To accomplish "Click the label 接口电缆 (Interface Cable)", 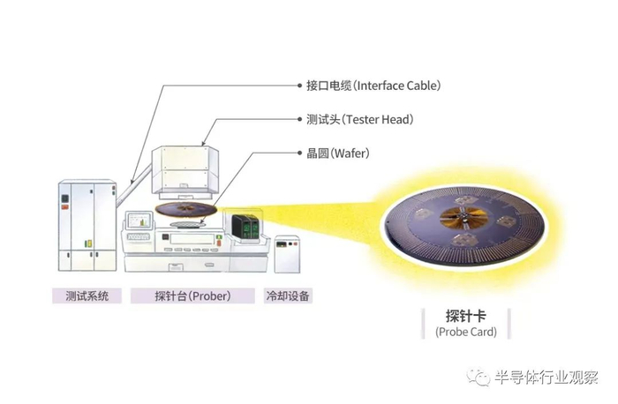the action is [373, 86].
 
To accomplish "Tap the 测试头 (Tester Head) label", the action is [360, 119].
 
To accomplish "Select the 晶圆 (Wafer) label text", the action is [338, 153].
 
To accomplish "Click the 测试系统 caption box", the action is [87, 296].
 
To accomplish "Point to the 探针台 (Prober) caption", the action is [192, 296].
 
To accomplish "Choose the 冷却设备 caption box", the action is [288, 296].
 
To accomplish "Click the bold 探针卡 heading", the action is [466, 316].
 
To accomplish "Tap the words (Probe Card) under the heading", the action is [466, 332].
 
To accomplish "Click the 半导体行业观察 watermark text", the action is [546, 378].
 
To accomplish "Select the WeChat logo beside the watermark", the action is [479, 378].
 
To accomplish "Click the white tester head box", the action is [185, 173].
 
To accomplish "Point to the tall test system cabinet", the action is [87, 225].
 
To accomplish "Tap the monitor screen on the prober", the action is [139, 221].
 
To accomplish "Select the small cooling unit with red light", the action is [287, 254].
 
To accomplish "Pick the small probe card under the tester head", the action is [186, 209].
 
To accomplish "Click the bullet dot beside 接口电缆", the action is [299, 86].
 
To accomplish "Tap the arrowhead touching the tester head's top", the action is [204, 144].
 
